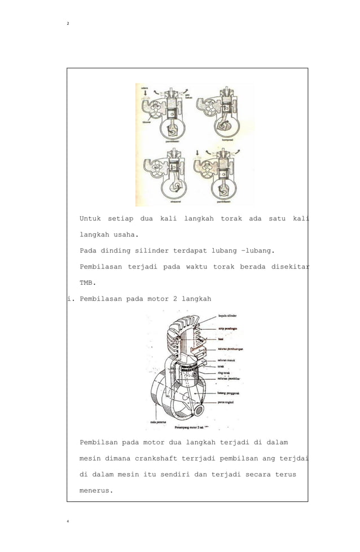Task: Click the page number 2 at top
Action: (68, 23)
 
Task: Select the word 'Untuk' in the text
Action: (90, 218)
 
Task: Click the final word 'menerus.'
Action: (96, 491)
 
